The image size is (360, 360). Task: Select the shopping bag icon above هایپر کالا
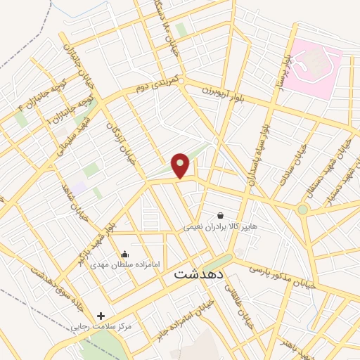221,215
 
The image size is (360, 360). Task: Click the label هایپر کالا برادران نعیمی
221,227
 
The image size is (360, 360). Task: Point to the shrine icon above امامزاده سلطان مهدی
125,254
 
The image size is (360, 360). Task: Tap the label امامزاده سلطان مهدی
125,265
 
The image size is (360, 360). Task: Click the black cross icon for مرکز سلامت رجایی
101,316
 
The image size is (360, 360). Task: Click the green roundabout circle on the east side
302,210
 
